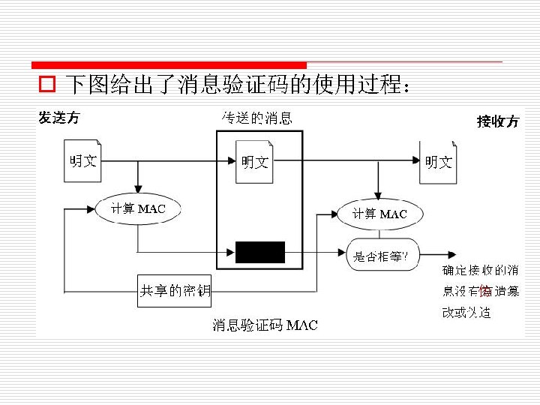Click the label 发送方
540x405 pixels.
click(x=58, y=117)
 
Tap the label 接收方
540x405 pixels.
click(x=498, y=121)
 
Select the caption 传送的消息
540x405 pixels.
click(x=257, y=118)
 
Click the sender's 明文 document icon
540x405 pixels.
click(x=82, y=160)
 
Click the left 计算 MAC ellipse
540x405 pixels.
click(x=139, y=208)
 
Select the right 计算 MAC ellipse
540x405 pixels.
click(x=379, y=214)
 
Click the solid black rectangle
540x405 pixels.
click(x=260, y=252)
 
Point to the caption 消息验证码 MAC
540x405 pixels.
click(x=265, y=325)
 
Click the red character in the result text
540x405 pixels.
click(x=486, y=291)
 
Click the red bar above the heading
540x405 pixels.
click(x=169, y=65)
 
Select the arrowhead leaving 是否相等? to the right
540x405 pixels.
click(x=448, y=255)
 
